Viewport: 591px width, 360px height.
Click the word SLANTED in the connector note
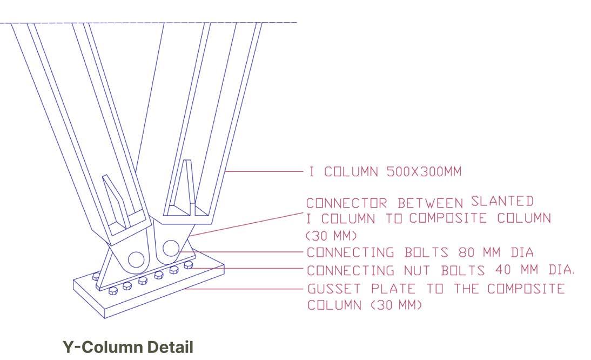pos(502,202)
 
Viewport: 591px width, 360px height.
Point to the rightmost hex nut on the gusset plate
pos(189,265)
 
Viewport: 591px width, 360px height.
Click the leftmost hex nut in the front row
pos(113,291)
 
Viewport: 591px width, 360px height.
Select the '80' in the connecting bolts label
pos(467,252)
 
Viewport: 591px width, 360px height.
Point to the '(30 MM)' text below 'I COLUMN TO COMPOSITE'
pos(331,236)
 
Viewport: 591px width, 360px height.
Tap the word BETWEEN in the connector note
pos(431,203)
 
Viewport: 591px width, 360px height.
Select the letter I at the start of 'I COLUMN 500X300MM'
pos(311,172)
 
